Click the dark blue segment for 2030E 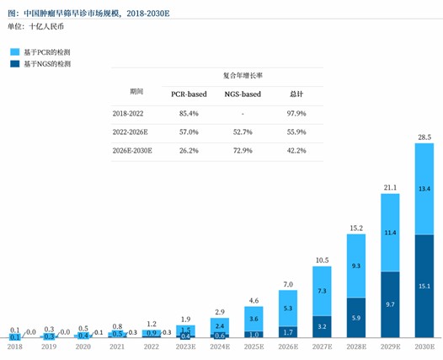pos(424,286)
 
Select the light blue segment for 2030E pos(424,190)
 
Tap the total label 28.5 pos(424,137)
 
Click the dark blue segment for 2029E pos(389,303)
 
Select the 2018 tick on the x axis pos(15,346)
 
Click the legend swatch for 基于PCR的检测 pos(14,52)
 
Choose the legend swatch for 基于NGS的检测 pos(14,64)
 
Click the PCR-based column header pos(188,94)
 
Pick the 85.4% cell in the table pos(188,113)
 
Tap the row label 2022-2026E pos(130,132)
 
